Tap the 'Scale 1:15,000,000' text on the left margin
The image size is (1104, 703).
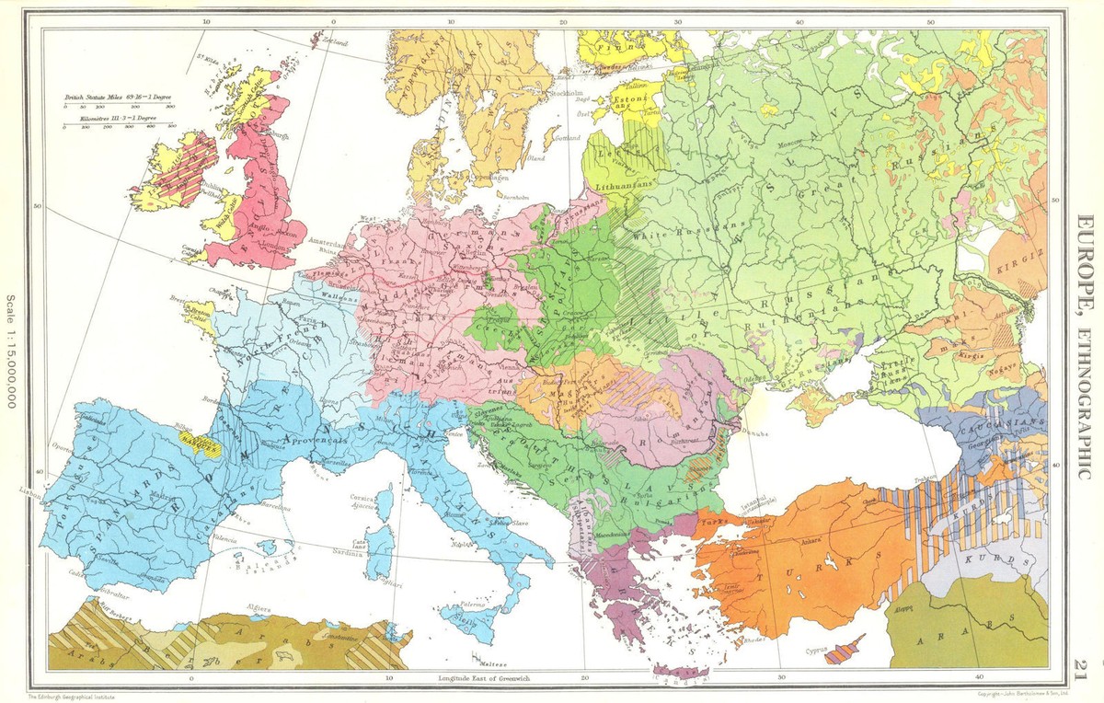11,351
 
